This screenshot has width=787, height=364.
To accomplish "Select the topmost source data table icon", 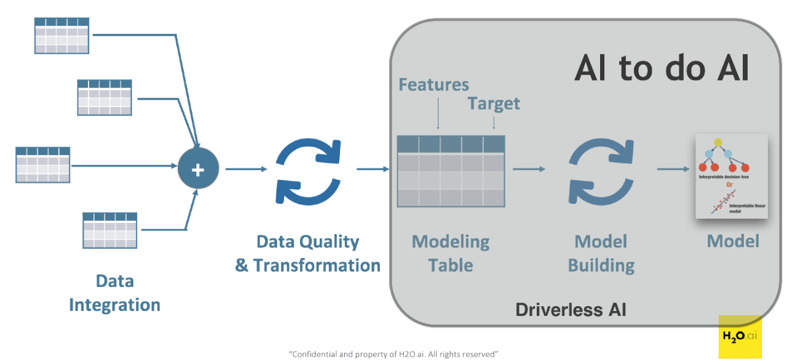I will pyautogui.click(x=61, y=36).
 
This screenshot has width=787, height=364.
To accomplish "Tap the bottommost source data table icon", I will pyautogui.click(x=109, y=230).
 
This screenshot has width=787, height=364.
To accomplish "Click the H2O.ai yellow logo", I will pyautogui.click(x=740, y=336).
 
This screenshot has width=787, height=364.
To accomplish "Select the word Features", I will pyautogui.click(x=433, y=84).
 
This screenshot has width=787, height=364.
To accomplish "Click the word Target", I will pyautogui.click(x=494, y=103).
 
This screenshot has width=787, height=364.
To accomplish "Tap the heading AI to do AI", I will pyautogui.click(x=662, y=67).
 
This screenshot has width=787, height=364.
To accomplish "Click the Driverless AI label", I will pyautogui.click(x=571, y=309).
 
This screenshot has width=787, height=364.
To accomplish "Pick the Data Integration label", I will pyautogui.click(x=114, y=293).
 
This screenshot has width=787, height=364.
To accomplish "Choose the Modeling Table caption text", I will pyautogui.click(x=451, y=253).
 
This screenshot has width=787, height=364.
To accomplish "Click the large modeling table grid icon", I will pyautogui.click(x=451, y=171).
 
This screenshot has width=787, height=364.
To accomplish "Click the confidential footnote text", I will pyautogui.click(x=393, y=354).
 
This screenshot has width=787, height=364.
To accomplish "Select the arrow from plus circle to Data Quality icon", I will pyautogui.click(x=246, y=169).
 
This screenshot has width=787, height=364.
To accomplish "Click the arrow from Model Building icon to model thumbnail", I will pyautogui.click(x=674, y=169).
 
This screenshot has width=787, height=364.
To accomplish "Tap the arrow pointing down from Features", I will pyautogui.click(x=438, y=114).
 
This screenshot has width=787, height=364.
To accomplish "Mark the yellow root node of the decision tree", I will pyautogui.click(x=718, y=143).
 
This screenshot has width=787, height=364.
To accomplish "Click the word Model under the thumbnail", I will pyautogui.click(x=733, y=241).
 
